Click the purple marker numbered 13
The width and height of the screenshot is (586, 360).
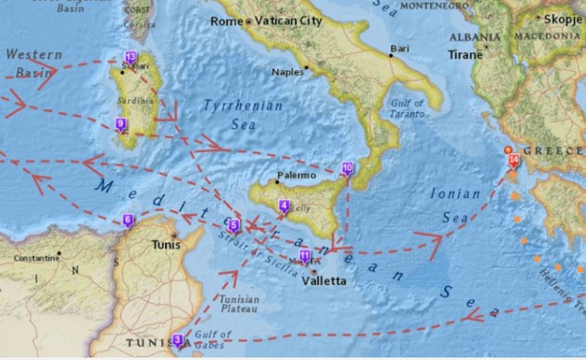[x=130, y=58]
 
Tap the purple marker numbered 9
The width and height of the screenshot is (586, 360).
[x=121, y=125]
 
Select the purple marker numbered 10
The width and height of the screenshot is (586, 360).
[x=347, y=168]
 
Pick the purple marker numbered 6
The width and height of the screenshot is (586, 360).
[x=128, y=221]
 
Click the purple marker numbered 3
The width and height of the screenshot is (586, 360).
[x=178, y=340]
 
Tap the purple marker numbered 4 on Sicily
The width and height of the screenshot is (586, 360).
[x=284, y=206]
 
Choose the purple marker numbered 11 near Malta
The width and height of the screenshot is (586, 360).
[x=305, y=255]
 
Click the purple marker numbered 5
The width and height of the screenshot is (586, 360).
[x=234, y=226]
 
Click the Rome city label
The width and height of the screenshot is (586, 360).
[x=226, y=20]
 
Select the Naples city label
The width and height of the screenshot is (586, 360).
[x=288, y=71]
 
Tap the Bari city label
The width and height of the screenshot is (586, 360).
[x=400, y=49]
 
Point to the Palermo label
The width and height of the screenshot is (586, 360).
[x=296, y=175]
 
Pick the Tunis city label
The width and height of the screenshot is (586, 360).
[x=167, y=246]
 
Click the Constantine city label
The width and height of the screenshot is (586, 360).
[x=36, y=258]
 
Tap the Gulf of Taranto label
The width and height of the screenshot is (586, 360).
[x=407, y=108]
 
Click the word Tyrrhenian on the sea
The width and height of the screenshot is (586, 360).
[x=244, y=106]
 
